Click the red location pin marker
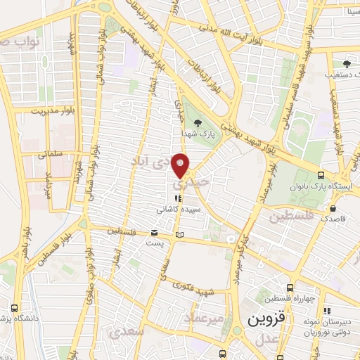tap(182, 165)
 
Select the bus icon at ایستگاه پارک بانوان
tap(321, 176)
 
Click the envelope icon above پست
tap(154, 233)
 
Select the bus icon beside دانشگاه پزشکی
tap(15, 307)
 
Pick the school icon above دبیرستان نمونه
tap(326, 310)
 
